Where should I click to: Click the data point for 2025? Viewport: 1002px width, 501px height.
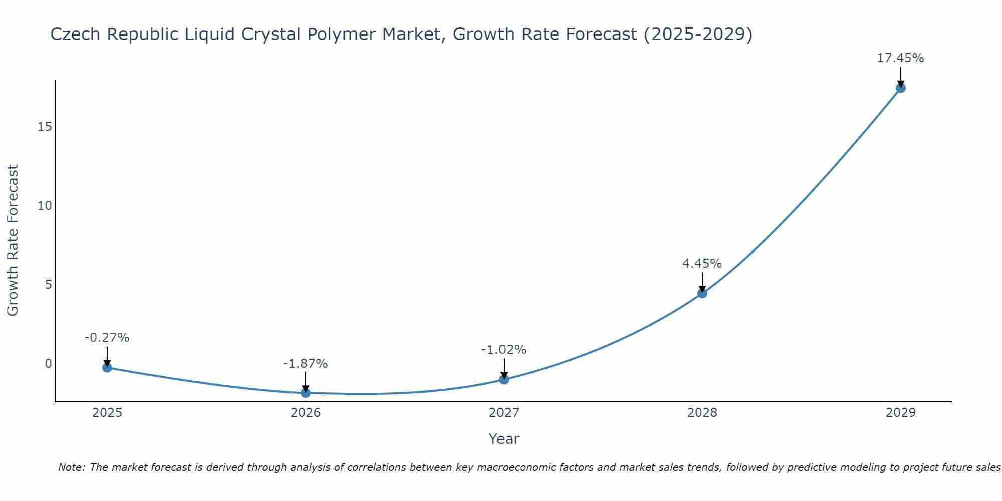(107, 367)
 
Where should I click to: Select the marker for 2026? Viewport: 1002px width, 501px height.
(306, 393)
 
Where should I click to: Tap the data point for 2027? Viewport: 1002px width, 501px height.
(504, 379)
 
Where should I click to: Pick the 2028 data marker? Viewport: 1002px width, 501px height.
(702, 293)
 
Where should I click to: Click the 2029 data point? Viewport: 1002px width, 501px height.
(900, 88)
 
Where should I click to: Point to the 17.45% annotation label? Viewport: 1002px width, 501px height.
(900, 58)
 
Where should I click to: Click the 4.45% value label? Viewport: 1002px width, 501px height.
(702, 263)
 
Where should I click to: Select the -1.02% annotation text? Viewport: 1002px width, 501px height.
(504, 350)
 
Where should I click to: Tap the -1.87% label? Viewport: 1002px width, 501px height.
(305, 364)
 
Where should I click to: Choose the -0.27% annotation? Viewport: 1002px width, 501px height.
(107, 338)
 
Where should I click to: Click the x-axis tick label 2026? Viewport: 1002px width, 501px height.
(306, 413)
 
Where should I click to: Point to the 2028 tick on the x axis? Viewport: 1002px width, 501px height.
(702, 413)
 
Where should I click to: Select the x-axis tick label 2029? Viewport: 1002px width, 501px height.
(900, 413)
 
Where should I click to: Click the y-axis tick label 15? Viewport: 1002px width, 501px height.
(45, 127)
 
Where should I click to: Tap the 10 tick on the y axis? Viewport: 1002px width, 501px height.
(45, 206)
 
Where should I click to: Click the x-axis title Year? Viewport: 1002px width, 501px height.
(504, 439)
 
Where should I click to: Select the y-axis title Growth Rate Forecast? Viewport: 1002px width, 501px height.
(13, 240)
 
